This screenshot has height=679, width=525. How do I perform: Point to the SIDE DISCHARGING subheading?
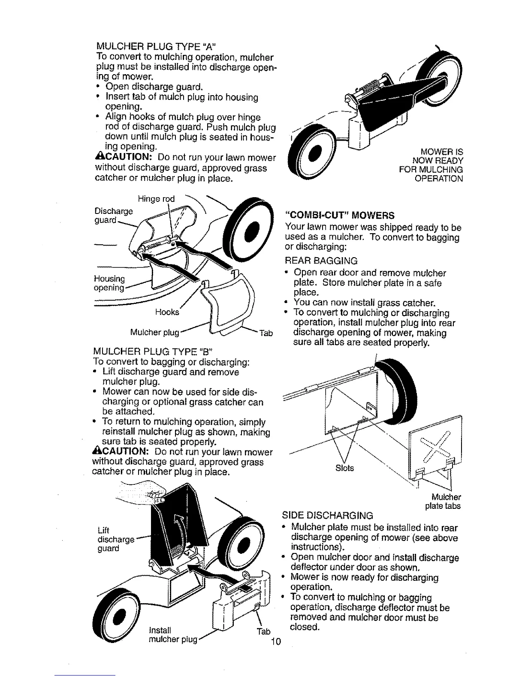coord(327,515)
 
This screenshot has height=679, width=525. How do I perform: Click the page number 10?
coord(275,642)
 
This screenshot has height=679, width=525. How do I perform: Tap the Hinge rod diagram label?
coord(156,199)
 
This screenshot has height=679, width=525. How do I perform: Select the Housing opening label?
coord(109,283)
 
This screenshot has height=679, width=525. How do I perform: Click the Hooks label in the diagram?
coord(168,312)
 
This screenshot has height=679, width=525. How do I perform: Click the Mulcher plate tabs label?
coord(444,502)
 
